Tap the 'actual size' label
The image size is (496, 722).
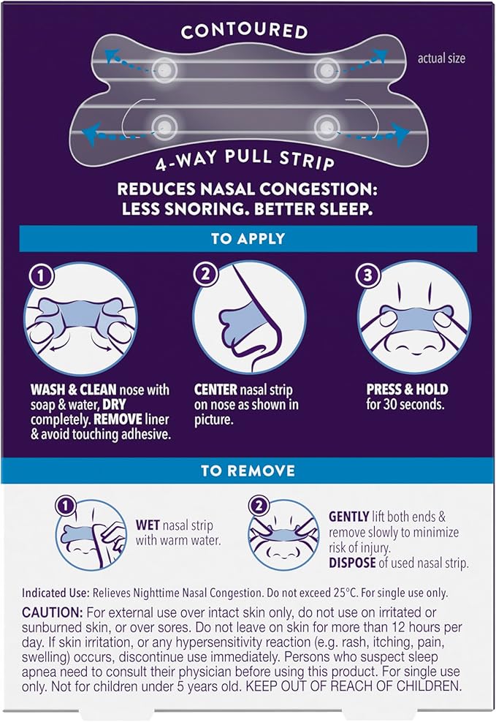440,58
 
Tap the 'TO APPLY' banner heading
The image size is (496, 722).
248,239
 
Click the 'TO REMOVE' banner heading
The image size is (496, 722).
248,471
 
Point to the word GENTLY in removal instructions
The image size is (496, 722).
349,516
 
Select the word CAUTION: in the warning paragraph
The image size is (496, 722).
52,611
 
